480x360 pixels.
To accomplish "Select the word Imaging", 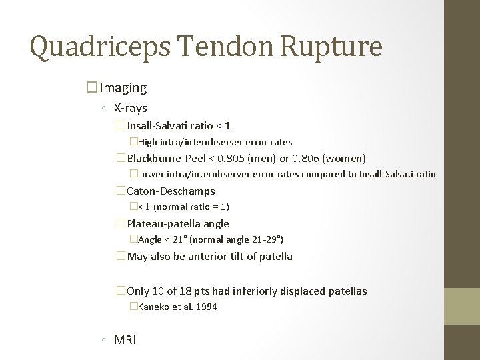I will coord(125,87).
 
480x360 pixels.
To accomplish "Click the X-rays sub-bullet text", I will coord(130,107).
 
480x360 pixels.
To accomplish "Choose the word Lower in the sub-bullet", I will coord(151,175).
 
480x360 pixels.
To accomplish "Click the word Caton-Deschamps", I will coord(171,191).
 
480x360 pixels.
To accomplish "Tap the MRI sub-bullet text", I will coord(125,340).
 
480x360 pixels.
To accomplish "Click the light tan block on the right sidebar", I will coord(462,307).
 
